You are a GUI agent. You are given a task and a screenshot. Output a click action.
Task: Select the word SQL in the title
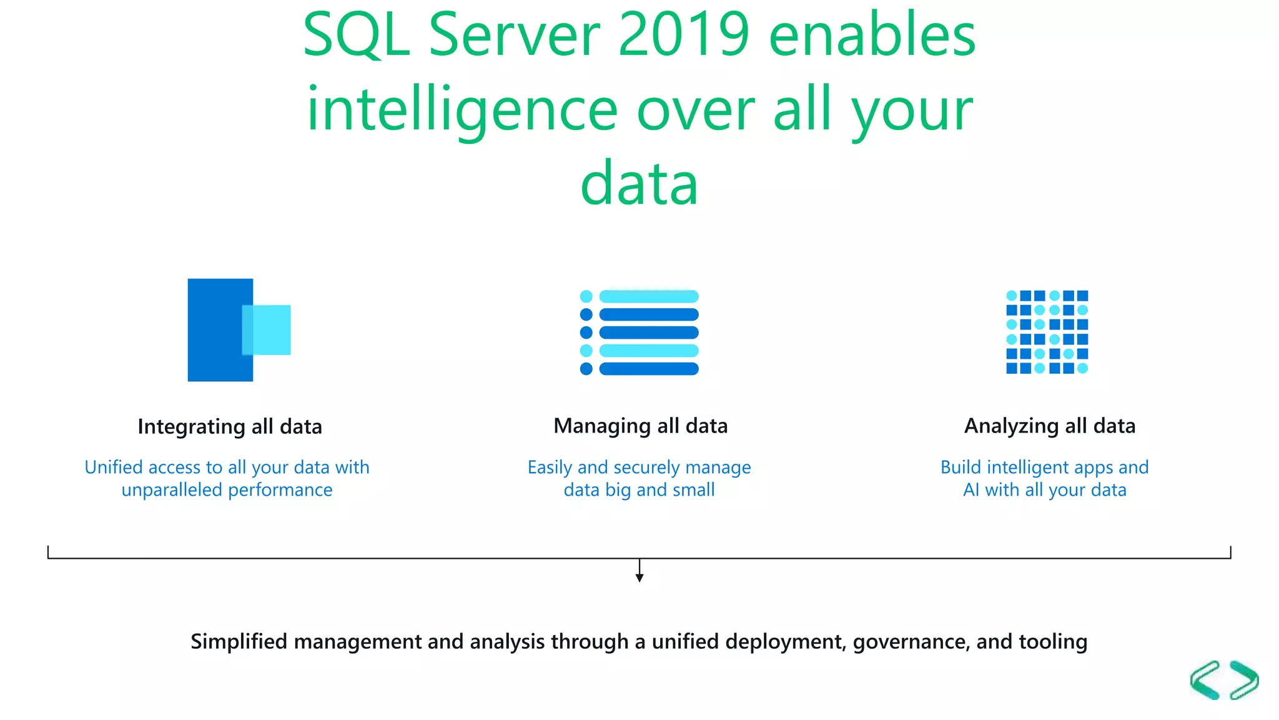356,35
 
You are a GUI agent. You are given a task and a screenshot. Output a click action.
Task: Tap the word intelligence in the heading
462,111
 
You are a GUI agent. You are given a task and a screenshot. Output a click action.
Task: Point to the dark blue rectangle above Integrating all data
215,330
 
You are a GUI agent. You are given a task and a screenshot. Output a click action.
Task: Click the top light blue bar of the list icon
649,296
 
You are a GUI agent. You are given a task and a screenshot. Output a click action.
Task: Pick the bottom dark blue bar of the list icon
649,369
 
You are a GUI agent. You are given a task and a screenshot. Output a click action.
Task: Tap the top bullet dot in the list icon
586,296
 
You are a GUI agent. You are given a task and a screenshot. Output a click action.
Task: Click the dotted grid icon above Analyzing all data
1047,332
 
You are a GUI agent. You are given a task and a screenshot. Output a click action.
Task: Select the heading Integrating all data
230,427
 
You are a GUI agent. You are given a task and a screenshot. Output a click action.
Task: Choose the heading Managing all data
640,426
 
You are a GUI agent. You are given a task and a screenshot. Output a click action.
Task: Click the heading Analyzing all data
1050,426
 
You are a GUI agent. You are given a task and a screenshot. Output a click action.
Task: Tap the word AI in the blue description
971,490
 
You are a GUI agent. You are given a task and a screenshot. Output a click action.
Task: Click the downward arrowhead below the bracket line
639,577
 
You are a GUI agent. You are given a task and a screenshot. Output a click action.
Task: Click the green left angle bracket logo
1205,680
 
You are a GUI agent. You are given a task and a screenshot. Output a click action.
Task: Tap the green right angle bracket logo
1244,680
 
